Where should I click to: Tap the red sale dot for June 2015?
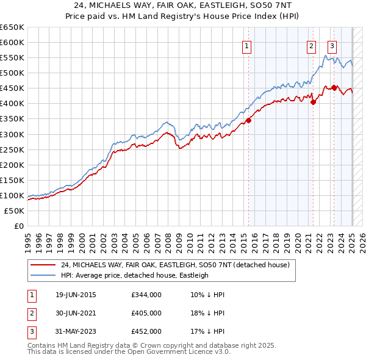tap(249, 120)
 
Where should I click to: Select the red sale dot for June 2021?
tap(313, 102)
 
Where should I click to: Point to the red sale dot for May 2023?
tap(334, 88)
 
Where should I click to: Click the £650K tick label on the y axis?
tap(12, 27)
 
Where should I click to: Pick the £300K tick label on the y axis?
tap(12, 134)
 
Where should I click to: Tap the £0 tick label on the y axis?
tap(18, 226)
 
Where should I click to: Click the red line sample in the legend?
tap(43, 265)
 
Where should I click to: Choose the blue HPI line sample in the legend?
tap(43, 275)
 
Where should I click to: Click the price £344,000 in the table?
tap(146, 295)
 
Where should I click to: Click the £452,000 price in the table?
tap(146, 331)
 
